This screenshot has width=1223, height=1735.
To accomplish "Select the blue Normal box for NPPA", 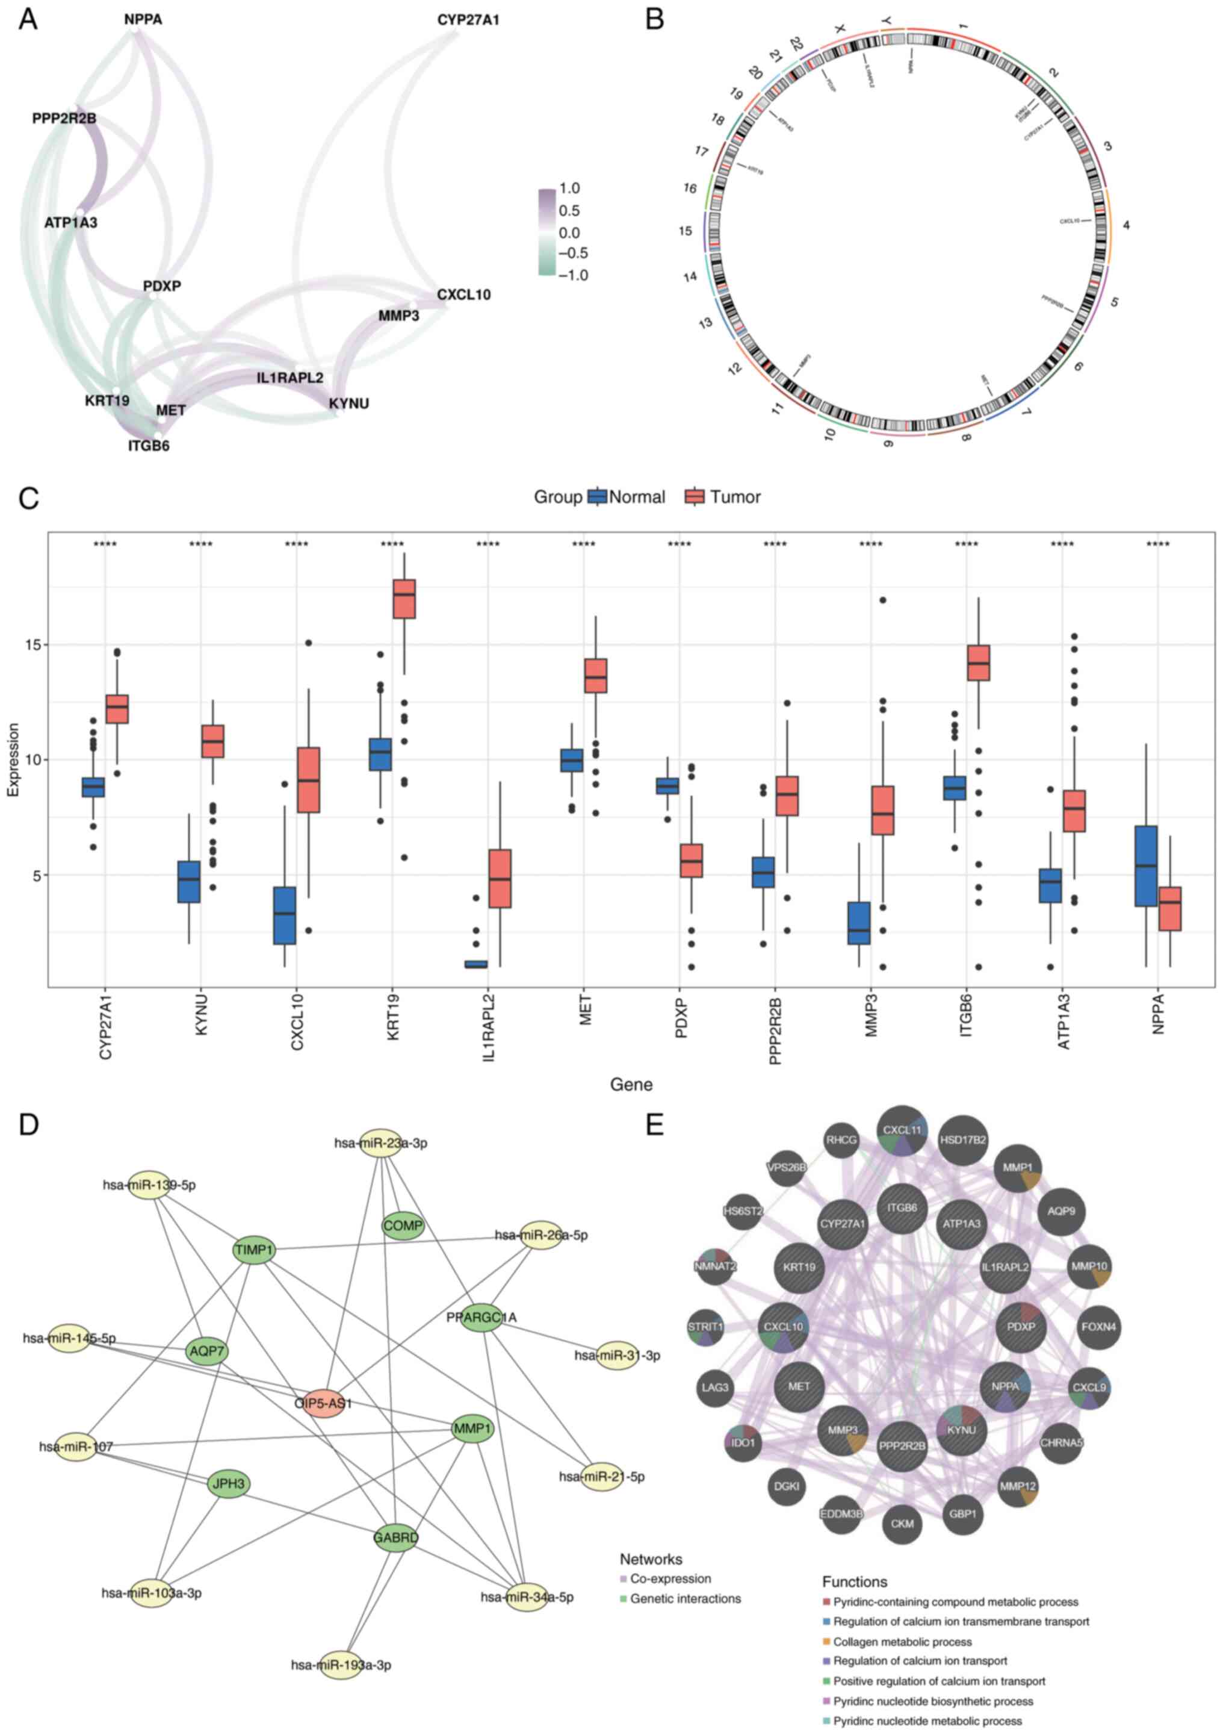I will (1146, 866).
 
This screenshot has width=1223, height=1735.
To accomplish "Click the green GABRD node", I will (395, 1536).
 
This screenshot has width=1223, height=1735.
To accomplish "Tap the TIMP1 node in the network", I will (254, 1250).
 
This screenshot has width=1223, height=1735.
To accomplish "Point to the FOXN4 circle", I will (1098, 1326).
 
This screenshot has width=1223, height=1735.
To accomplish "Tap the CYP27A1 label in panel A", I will (468, 20).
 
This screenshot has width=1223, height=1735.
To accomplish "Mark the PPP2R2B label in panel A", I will (64, 119).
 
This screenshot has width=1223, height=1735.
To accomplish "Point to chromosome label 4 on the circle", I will (1125, 225).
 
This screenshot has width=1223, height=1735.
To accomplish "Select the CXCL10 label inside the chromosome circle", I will (1070, 222).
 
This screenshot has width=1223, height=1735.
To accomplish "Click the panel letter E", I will (654, 1124).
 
